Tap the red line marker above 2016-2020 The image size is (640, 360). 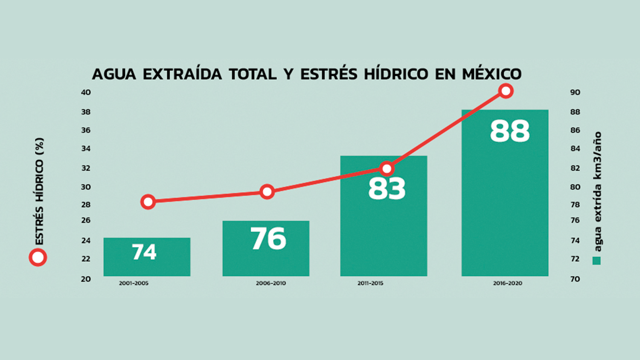[505, 91]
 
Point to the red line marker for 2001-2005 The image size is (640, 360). [148, 202]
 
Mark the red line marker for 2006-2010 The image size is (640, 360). [267, 191]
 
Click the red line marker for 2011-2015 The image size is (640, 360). [387, 169]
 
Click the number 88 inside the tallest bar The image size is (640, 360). [510, 132]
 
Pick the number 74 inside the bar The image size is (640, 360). [144, 252]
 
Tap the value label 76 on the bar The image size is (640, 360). [268, 239]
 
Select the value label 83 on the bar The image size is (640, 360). [387, 189]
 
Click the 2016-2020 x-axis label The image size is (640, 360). [507, 284]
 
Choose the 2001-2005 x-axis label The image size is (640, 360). [134, 284]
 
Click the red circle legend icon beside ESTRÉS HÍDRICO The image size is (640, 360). [38, 257]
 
